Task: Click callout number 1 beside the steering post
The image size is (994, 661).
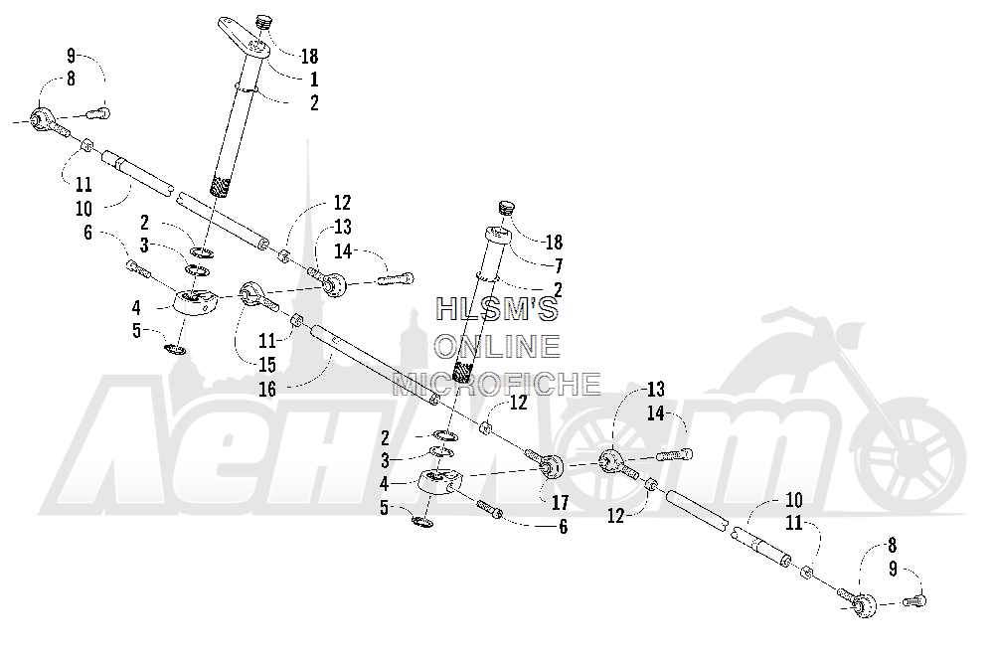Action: (x=313, y=80)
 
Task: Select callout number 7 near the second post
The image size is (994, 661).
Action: (x=558, y=265)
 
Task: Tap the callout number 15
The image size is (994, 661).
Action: (x=266, y=365)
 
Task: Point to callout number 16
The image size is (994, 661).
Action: (x=266, y=389)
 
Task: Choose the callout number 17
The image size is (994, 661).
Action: (x=560, y=503)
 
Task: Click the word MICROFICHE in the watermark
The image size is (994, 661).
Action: (x=496, y=384)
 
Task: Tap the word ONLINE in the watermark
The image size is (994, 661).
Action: (x=496, y=346)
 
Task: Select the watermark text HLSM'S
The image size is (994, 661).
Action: (x=497, y=309)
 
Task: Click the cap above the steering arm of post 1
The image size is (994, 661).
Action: (x=263, y=23)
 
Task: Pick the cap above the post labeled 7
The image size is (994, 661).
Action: (x=505, y=207)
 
